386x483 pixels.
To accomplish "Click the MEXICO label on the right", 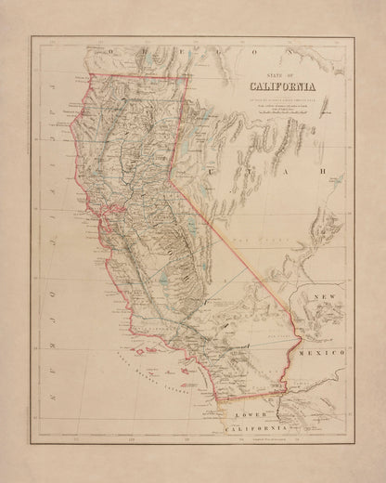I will [328, 354].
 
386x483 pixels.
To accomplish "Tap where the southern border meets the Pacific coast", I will [217, 400].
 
